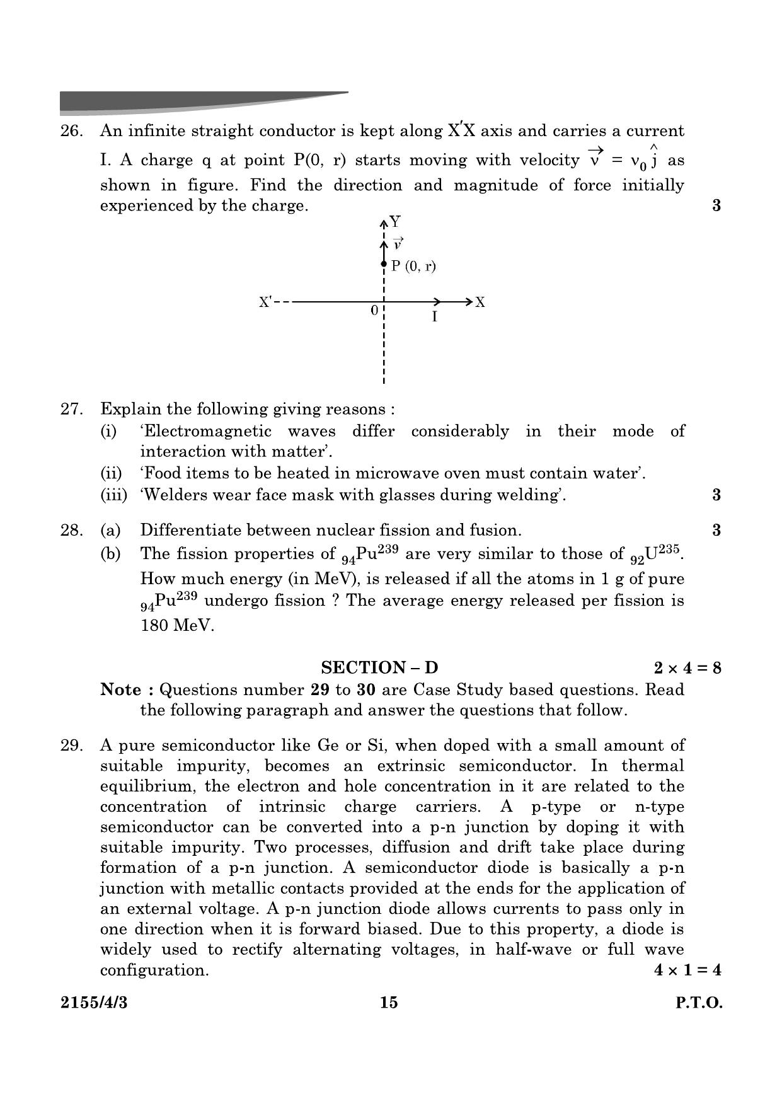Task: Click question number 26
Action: (71, 131)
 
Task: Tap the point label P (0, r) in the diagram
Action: (413, 266)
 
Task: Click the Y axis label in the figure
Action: (395, 221)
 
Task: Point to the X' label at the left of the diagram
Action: (266, 302)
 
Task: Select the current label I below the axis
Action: (434, 317)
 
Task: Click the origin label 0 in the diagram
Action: (374, 311)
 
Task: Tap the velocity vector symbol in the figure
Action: (398, 244)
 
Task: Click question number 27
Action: (71, 409)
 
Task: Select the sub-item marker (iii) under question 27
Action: (113, 495)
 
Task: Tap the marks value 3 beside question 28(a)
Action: (716, 530)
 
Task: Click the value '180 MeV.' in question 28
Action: (177, 626)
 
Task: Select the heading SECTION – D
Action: (379, 667)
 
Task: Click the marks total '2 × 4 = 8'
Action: (687, 667)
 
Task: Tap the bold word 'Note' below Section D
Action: (121, 689)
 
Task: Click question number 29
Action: (71, 746)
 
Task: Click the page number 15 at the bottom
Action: (389, 1003)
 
